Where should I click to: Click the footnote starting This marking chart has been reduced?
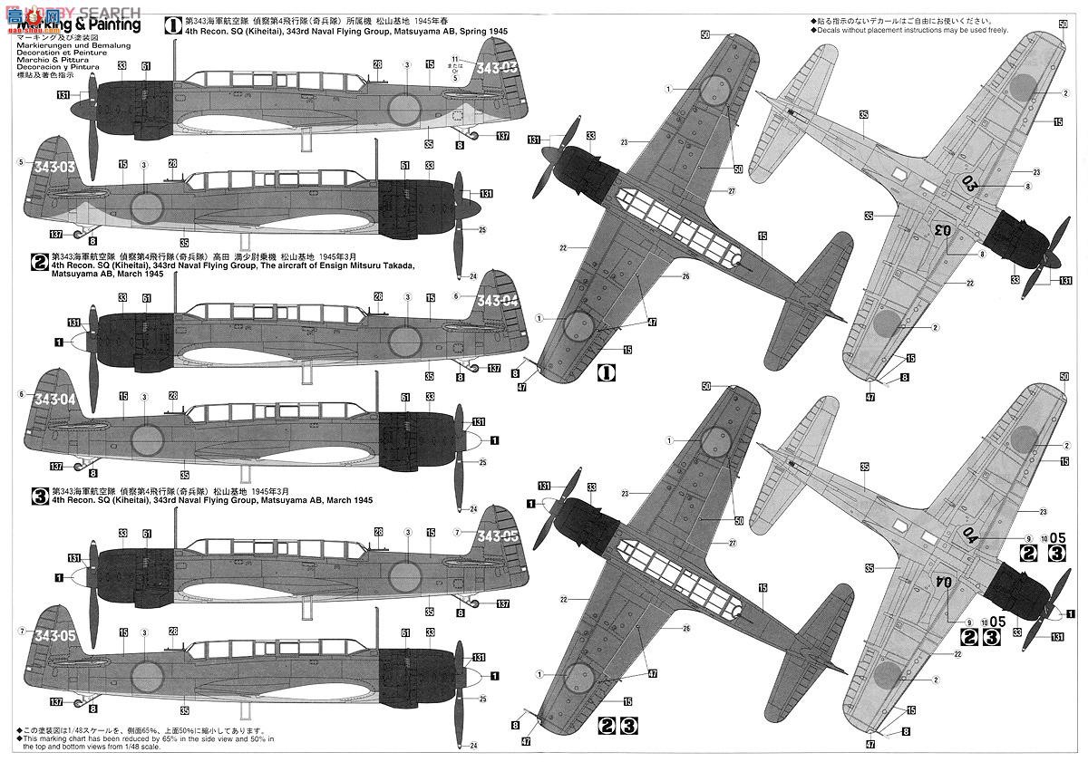[x=145, y=745]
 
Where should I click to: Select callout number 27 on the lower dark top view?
[x=731, y=544]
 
